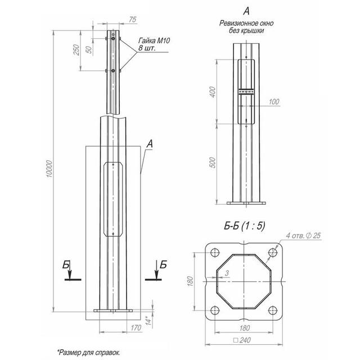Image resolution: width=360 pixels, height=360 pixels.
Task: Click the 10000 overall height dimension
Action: (x=49, y=169)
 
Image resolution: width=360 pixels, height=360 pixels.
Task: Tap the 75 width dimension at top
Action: (x=133, y=20)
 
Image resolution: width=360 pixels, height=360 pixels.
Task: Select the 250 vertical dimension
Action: (x=76, y=49)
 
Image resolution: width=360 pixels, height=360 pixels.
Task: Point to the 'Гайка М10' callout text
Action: (x=154, y=40)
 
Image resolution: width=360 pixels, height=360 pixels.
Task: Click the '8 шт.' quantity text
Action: (x=147, y=48)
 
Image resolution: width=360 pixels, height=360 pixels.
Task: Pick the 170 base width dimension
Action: (x=136, y=328)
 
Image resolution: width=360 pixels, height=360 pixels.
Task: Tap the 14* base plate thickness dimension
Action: (x=149, y=320)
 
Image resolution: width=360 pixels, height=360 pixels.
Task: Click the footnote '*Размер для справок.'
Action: (x=89, y=353)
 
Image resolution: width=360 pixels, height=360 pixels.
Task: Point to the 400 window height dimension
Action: (x=213, y=92)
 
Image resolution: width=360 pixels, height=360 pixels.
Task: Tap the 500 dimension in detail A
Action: (x=213, y=163)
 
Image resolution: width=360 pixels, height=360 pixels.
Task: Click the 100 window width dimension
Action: (x=274, y=101)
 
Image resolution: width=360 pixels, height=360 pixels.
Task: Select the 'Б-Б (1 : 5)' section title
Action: (x=245, y=226)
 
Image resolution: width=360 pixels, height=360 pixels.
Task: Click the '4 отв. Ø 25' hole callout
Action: (x=303, y=236)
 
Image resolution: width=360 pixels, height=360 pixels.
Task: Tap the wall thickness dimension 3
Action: (x=227, y=273)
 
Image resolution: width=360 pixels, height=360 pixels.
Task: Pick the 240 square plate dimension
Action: (x=242, y=340)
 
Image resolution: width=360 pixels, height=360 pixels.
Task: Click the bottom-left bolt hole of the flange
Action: (x=215, y=310)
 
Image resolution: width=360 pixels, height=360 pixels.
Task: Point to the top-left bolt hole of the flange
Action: (x=215, y=253)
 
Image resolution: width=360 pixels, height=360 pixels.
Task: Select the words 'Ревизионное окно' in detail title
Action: (x=246, y=24)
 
